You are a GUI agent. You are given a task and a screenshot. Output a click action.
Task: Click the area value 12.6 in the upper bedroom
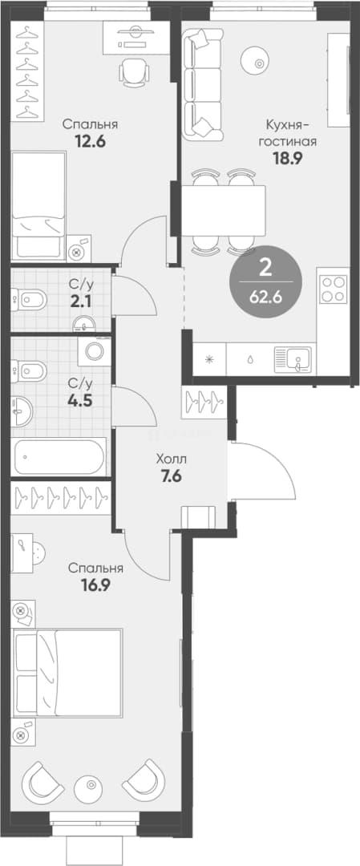click(90, 140)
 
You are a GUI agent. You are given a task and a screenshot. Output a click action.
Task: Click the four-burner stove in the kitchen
click(333, 289)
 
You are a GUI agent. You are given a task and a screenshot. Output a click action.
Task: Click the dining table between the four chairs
click(224, 210)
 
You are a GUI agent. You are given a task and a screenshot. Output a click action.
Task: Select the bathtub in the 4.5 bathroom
click(59, 456)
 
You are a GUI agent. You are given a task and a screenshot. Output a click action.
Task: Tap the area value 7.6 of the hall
click(171, 475)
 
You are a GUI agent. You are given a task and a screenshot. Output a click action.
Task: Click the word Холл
click(172, 459)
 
